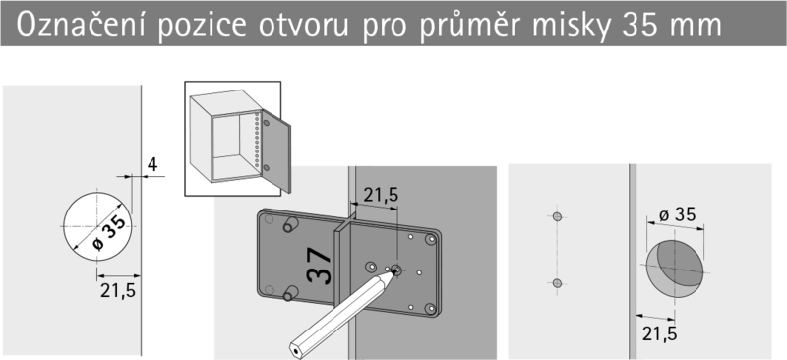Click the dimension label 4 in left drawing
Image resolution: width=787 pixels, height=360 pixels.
point(152,164)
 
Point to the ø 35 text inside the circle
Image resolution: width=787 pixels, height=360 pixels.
point(109,233)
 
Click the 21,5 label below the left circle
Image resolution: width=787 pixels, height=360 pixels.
point(118,290)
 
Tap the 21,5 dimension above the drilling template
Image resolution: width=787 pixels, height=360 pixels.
point(381,195)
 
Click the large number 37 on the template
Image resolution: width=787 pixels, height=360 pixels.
point(319,267)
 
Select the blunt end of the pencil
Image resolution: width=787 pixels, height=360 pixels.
point(295,349)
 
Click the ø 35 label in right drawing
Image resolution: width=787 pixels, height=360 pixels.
point(677,214)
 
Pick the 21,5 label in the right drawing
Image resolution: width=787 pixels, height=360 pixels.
point(659,333)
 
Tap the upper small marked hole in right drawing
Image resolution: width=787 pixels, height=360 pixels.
point(557,217)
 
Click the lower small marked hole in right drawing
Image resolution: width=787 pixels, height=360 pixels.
point(557,283)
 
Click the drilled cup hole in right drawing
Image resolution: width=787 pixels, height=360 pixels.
point(674,269)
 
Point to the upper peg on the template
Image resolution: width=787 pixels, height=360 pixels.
point(288,224)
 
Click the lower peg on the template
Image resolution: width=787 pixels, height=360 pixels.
point(288,293)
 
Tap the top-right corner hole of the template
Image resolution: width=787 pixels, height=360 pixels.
point(430,239)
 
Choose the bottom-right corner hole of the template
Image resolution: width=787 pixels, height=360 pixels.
point(430,308)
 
